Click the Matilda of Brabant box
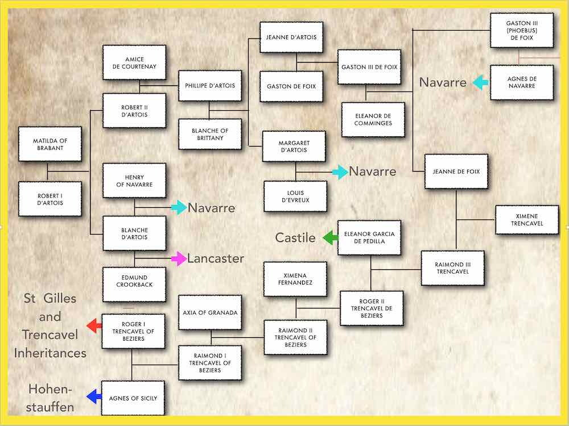pos(50,144)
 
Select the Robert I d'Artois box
pos(50,199)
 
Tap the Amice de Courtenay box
pos(134,62)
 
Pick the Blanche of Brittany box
pos(210,135)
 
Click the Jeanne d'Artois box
pos(291,37)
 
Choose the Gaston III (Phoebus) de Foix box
pos(522,31)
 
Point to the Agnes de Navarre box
pos(522,82)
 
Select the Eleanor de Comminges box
pos(373,119)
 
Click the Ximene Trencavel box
pos(527,220)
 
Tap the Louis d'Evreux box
pos(295,197)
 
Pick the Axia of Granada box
pos(210,312)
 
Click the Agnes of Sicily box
pos(133,398)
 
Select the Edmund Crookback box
pos(134,285)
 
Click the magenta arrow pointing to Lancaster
pos(179,258)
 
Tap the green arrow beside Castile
pos(331,237)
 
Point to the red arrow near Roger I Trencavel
pos(94,325)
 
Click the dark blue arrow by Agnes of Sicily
pos(94,396)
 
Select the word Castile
pos(295,237)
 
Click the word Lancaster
pos(216,258)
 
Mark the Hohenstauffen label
pos(50,398)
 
